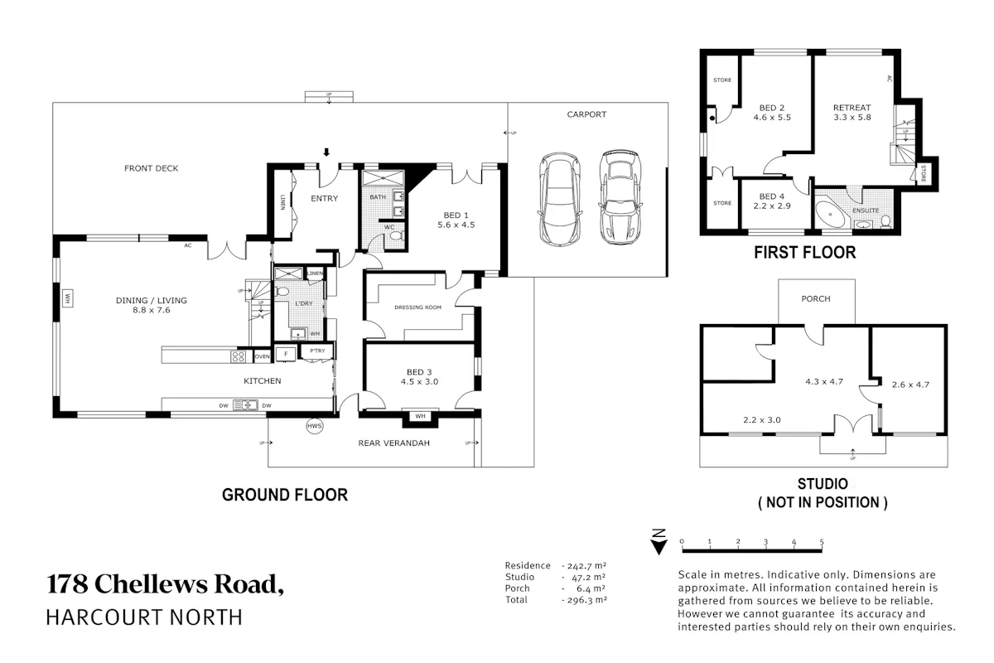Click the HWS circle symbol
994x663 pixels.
point(315,426)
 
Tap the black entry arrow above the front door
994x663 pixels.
point(326,152)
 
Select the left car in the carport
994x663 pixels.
point(560,200)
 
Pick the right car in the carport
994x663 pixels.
point(620,197)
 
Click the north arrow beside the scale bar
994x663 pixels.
point(659,542)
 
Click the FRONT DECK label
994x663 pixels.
point(152,168)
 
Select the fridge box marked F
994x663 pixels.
point(286,354)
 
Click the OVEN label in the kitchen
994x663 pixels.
point(263,356)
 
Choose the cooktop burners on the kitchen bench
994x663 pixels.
point(239,356)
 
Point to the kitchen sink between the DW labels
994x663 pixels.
point(245,405)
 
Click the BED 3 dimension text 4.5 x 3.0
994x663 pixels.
point(419,382)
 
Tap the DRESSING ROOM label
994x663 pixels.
point(418,307)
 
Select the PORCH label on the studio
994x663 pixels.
point(816,299)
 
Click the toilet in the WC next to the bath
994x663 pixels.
point(397,235)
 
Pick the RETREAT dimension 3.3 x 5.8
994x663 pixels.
point(852,118)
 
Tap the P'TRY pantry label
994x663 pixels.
point(317,351)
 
